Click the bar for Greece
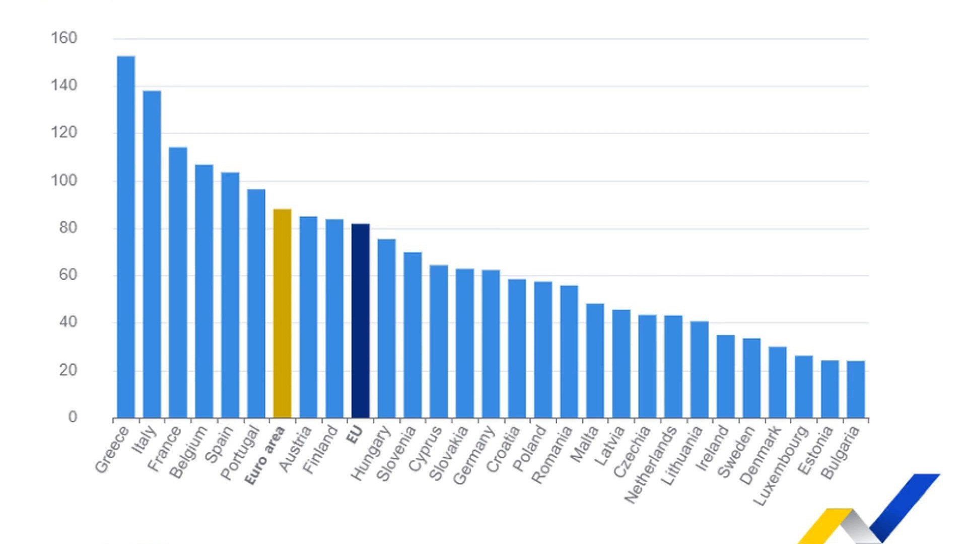(126, 237)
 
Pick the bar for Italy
(152, 254)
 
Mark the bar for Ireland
(725, 376)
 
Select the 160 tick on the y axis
(64, 38)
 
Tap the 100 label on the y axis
(64, 180)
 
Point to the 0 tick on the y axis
(73, 417)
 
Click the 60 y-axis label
(68, 275)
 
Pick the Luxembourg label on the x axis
(780, 466)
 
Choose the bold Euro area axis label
(265, 455)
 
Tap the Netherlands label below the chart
(650, 464)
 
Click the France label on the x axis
(164, 448)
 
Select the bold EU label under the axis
(355, 434)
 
